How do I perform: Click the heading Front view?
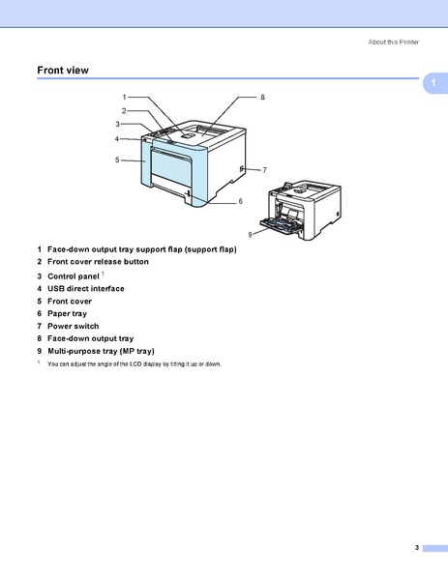click(x=63, y=70)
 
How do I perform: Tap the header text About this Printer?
click(x=395, y=43)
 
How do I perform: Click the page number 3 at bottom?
click(x=416, y=548)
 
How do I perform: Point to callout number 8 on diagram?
click(x=261, y=98)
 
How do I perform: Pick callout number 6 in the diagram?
click(x=240, y=201)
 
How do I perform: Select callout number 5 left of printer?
click(x=117, y=159)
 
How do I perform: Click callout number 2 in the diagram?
click(x=124, y=110)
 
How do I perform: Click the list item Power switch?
click(x=73, y=326)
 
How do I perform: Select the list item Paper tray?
click(x=67, y=313)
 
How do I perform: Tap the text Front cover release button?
click(x=98, y=262)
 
